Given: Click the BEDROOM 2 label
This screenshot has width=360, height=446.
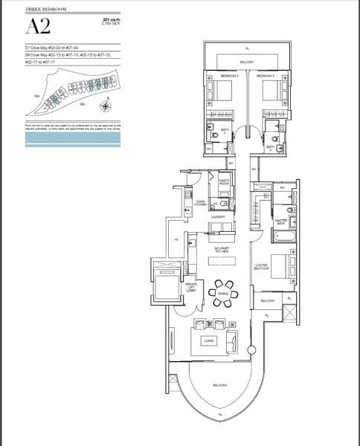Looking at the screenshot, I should point(231,77).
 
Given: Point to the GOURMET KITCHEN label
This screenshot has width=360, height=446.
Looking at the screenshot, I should point(221,250).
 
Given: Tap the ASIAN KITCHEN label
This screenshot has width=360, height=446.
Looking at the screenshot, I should point(200,203).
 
